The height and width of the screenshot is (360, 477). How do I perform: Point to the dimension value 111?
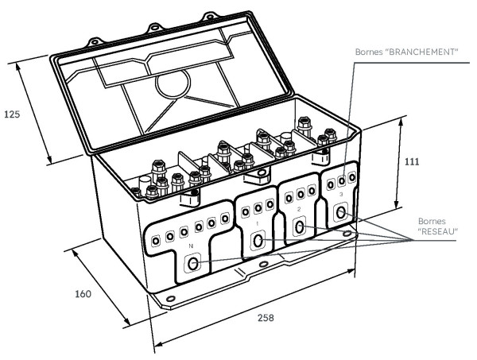point(412,161)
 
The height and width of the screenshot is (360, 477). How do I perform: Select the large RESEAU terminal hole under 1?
point(258,240)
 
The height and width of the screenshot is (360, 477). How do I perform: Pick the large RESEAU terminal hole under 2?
point(300,228)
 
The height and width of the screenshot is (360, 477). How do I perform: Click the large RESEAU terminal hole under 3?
point(342,213)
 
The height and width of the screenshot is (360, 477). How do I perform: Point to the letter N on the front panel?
point(190,247)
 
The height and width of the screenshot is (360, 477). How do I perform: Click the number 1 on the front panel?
point(257,223)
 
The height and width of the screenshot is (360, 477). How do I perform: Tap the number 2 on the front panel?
point(297,209)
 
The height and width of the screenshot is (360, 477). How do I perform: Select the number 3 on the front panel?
point(340,194)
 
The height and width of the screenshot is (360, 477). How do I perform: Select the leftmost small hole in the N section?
point(156,238)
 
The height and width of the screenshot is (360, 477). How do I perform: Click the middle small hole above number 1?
point(258,208)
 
